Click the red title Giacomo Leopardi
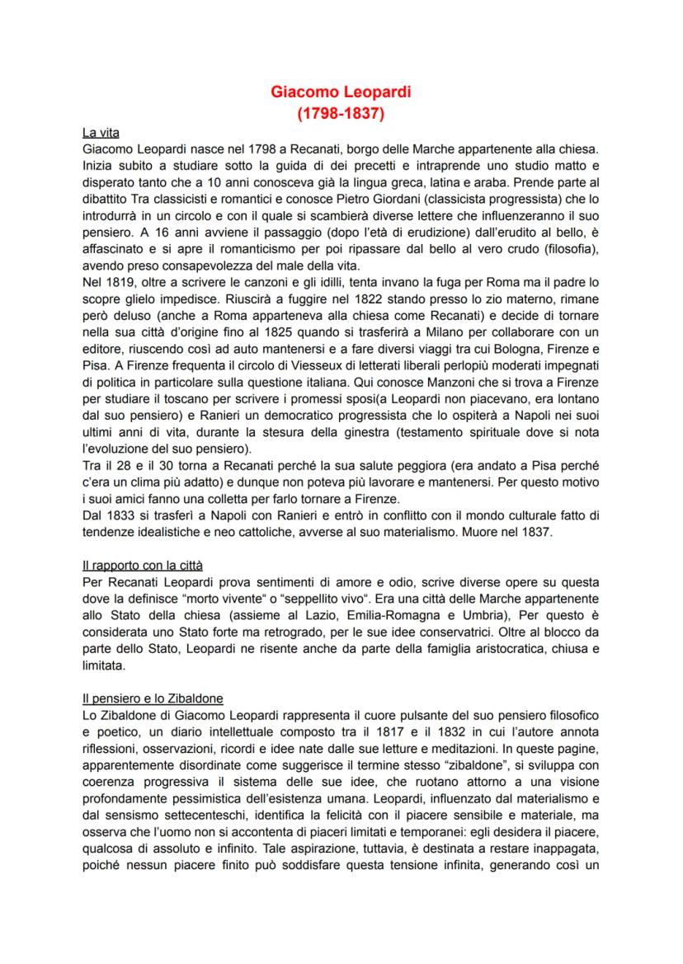[x=341, y=92]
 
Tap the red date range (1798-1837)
[x=341, y=113]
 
